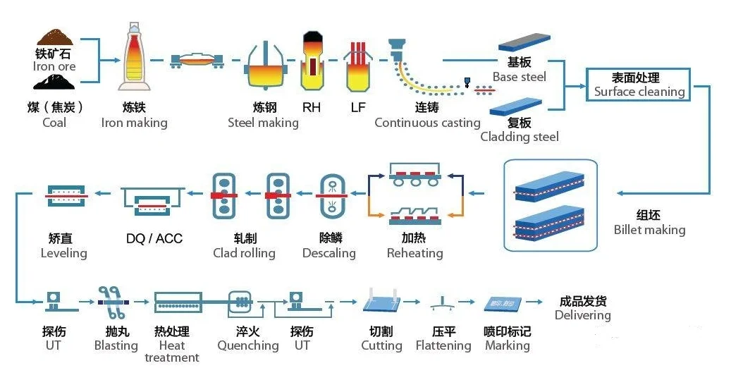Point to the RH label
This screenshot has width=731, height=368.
(311, 108)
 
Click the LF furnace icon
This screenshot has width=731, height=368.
(358, 65)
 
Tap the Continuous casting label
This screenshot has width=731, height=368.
(427, 123)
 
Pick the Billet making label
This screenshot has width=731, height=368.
(649, 230)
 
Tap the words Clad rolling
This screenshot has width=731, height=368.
(244, 252)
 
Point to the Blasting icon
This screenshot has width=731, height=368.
(113, 300)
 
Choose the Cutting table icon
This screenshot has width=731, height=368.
(381, 302)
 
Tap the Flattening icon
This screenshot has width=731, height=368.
(443, 303)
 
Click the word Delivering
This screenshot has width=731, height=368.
(582, 315)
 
